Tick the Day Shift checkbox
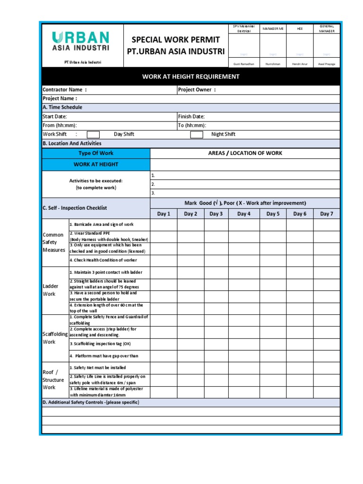93,135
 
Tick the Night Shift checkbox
196,135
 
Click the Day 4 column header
244,214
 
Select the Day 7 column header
327,214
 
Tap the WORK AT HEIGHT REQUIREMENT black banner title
191,77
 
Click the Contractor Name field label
65,90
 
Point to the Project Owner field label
197,90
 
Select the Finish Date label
191,116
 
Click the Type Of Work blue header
96,153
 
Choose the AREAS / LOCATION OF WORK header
245,153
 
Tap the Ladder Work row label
50,290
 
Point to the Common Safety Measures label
54,242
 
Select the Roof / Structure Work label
53,380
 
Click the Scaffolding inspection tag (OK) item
100,344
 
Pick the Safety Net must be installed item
98,367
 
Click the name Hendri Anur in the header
300,63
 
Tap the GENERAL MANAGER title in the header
327,28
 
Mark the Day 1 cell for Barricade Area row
164,225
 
